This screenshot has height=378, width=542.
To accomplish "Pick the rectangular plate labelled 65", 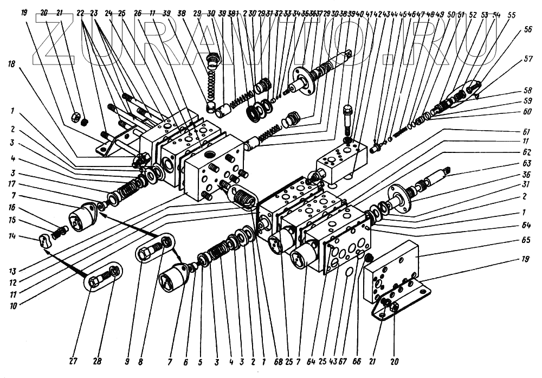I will (393, 271).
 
